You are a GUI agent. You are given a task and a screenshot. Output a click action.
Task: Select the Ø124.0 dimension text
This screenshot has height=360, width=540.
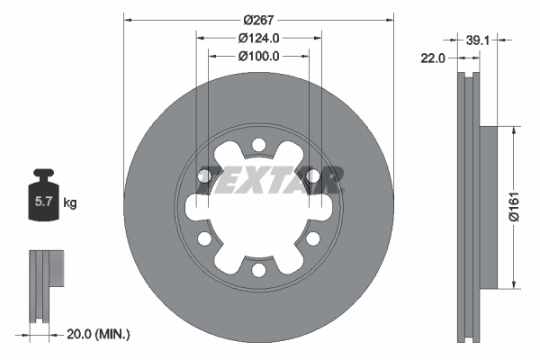259,38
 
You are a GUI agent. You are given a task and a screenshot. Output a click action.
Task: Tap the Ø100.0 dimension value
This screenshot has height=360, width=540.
259,55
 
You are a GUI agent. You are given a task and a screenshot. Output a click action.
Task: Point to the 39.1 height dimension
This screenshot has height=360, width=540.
479,40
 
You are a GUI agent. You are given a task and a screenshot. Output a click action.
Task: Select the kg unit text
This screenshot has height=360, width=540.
70,202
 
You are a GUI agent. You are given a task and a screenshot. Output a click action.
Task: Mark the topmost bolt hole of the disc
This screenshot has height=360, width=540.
258,145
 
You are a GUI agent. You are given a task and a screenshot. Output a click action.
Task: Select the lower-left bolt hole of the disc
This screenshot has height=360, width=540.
204,238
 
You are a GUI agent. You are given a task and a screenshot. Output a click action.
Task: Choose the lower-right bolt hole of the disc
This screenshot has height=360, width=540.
312,238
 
